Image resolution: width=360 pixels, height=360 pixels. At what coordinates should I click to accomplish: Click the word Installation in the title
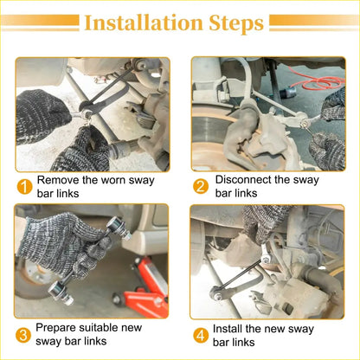tap(144, 22)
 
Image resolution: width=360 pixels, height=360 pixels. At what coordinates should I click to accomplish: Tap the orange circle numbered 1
tap(24, 187)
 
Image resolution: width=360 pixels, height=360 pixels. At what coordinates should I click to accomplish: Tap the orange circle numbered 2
tap(201, 186)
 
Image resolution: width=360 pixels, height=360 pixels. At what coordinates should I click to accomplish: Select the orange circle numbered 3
tap(23, 335)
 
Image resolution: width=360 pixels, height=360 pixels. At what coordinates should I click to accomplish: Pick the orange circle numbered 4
tap(201, 336)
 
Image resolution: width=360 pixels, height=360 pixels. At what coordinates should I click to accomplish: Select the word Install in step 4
tap(228, 329)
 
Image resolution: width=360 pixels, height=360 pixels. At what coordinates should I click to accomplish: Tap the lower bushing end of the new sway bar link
tap(60, 292)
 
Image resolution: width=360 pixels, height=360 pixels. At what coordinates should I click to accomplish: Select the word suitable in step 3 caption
tap(99, 328)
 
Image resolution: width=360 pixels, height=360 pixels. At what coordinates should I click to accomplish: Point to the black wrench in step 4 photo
tap(240, 279)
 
